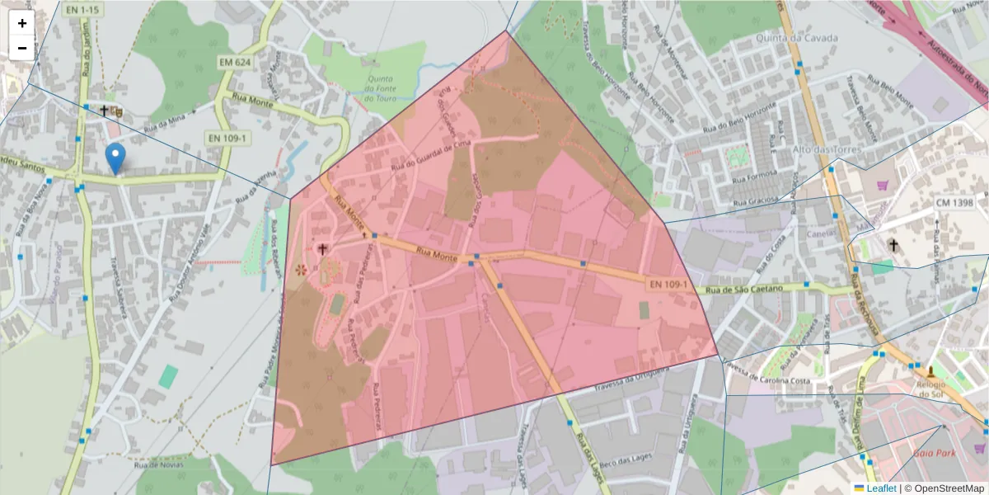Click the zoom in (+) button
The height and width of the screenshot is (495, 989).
point(22,23)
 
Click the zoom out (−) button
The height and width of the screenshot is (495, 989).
point(22,48)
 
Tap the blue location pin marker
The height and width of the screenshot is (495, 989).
point(116,158)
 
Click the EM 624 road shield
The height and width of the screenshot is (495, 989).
point(235,62)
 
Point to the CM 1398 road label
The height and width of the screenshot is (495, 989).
point(954,202)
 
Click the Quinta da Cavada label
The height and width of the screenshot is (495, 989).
point(800,37)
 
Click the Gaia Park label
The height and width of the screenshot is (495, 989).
point(934,453)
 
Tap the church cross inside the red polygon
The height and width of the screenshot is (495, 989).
point(322,247)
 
